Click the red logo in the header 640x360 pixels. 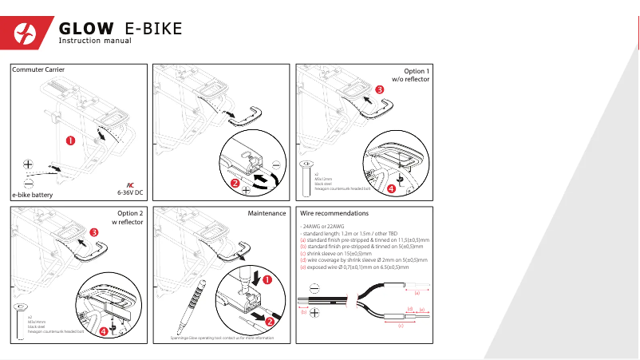(31, 33)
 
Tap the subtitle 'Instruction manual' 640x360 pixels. (95, 42)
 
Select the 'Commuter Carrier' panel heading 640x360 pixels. (38, 71)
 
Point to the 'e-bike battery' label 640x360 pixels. (32, 194)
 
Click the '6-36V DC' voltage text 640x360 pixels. (130, 192)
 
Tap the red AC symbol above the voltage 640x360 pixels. (130, 184)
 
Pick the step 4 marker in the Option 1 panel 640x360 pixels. (390, 189)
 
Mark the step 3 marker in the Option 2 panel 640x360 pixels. (94, 232)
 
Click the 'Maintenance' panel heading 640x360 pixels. (267, 213)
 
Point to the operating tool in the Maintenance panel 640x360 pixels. (194, 303)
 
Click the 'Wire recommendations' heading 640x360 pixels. (334, 214)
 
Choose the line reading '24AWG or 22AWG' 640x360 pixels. (322, 227)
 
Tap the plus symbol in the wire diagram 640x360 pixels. (315, 311)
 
